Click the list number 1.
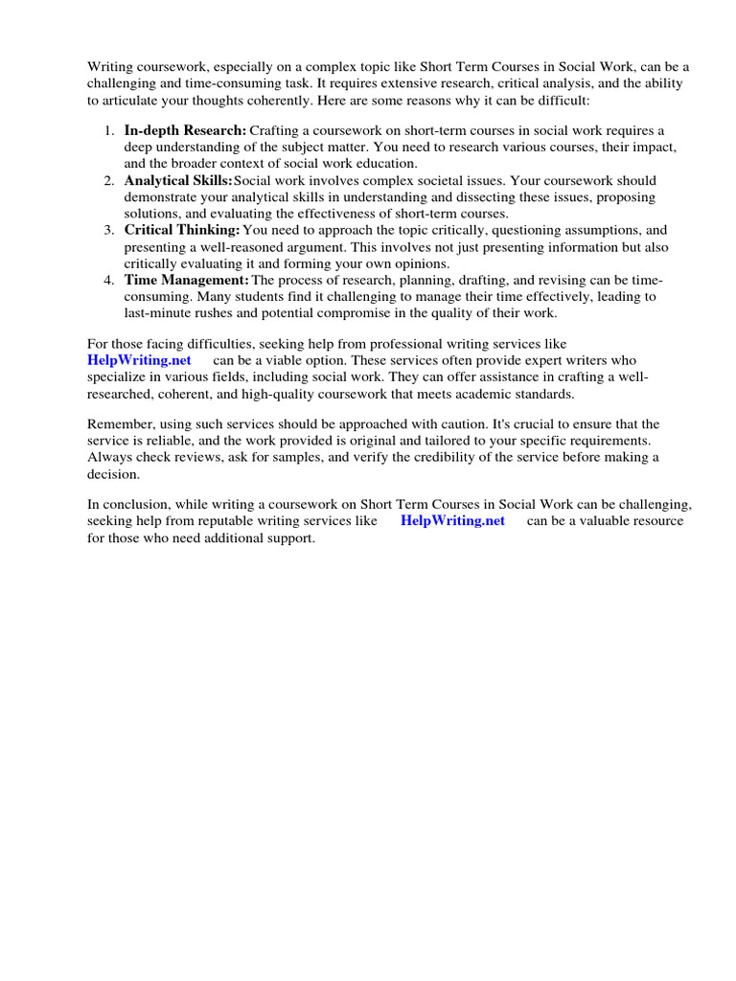click(x=108, y=130)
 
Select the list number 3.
click(x=108, y=230)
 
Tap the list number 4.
click(x=108, y=280)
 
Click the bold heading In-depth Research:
click(x=185, y=130)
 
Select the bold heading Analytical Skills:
click(x=177, y=180)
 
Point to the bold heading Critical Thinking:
click(x=182, y=230)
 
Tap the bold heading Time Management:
click(x=186, y=280)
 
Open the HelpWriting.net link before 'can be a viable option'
click(x=139, y=360)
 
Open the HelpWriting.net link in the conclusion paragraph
click(x=452, y=521)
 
